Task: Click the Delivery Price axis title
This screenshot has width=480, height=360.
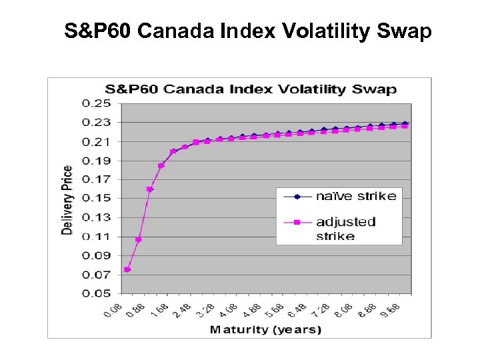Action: click(67, 199)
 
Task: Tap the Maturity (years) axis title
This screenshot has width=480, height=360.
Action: click(265, 329)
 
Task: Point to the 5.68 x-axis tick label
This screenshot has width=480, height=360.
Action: click(275, 309)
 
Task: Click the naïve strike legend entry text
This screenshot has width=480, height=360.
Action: click(355, 196)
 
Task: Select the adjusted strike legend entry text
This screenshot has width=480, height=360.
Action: click(345, 229)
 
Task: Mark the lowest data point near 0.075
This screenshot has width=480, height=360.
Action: click(127, 269)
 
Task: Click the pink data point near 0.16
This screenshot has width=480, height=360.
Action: click(149, 189)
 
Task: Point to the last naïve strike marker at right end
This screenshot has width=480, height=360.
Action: click(405, 123)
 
